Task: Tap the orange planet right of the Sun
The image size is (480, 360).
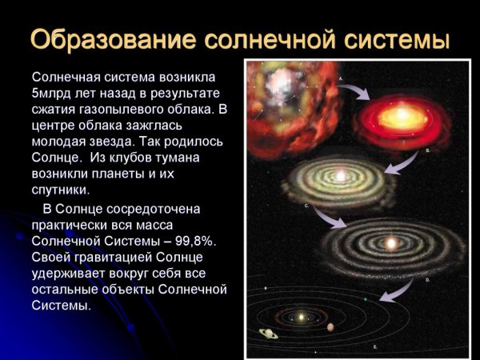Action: click(330, 326)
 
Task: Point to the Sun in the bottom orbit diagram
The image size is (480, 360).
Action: click(302, 318)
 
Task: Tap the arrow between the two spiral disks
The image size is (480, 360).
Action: click(323, 218)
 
